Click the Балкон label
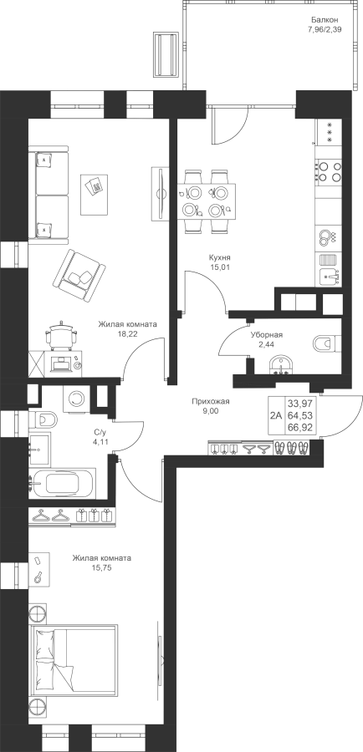[325, 20]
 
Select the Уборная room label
[266, 335]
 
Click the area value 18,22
[128, 334]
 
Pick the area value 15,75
[102, 568]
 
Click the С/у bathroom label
[100, 432]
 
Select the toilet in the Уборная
[326, 344]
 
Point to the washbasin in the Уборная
[280, 365]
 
